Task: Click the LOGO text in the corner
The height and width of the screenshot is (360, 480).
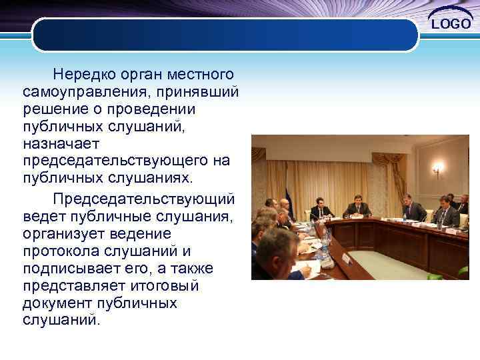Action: click(x=451, y=24)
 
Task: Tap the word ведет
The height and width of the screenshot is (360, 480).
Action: click(x=41, y=216)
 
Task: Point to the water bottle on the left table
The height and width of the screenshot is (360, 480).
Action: click(x=325, y=250)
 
